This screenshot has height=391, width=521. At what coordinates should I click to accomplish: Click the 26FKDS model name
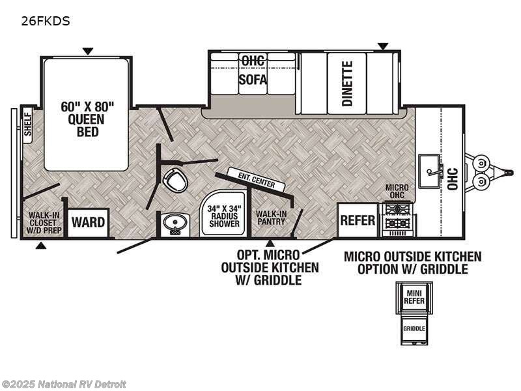point(46,21)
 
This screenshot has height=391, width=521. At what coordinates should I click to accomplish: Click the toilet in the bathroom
point(175,180)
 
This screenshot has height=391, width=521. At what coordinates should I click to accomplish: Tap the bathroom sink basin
point(174,225)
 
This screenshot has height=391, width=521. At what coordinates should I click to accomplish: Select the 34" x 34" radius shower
point(223,216)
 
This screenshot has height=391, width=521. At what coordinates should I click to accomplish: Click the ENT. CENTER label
point(251,180)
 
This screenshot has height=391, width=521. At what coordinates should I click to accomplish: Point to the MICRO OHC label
point(397,192)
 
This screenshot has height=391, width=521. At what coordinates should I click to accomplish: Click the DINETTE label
point(347,83)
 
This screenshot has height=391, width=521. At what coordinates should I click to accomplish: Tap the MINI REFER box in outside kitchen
point(413,297)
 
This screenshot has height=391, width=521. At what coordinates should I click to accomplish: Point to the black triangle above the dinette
point(383,46)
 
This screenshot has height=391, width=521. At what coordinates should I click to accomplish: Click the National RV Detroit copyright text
point(64,384)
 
